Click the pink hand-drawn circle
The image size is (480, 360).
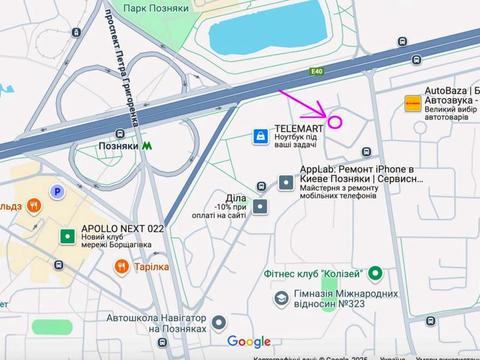coord(336,123)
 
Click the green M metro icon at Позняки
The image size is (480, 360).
coord(148,144)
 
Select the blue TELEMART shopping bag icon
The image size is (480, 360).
coord(259,135)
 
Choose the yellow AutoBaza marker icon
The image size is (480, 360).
coord(411,102)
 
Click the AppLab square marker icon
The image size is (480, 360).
coord(286,183)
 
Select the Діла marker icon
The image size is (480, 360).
coord(261,206)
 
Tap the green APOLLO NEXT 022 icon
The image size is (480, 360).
coord(67,235)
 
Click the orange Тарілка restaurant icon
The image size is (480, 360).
coord(121,266)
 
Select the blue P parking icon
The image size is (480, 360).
coord(57,192)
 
